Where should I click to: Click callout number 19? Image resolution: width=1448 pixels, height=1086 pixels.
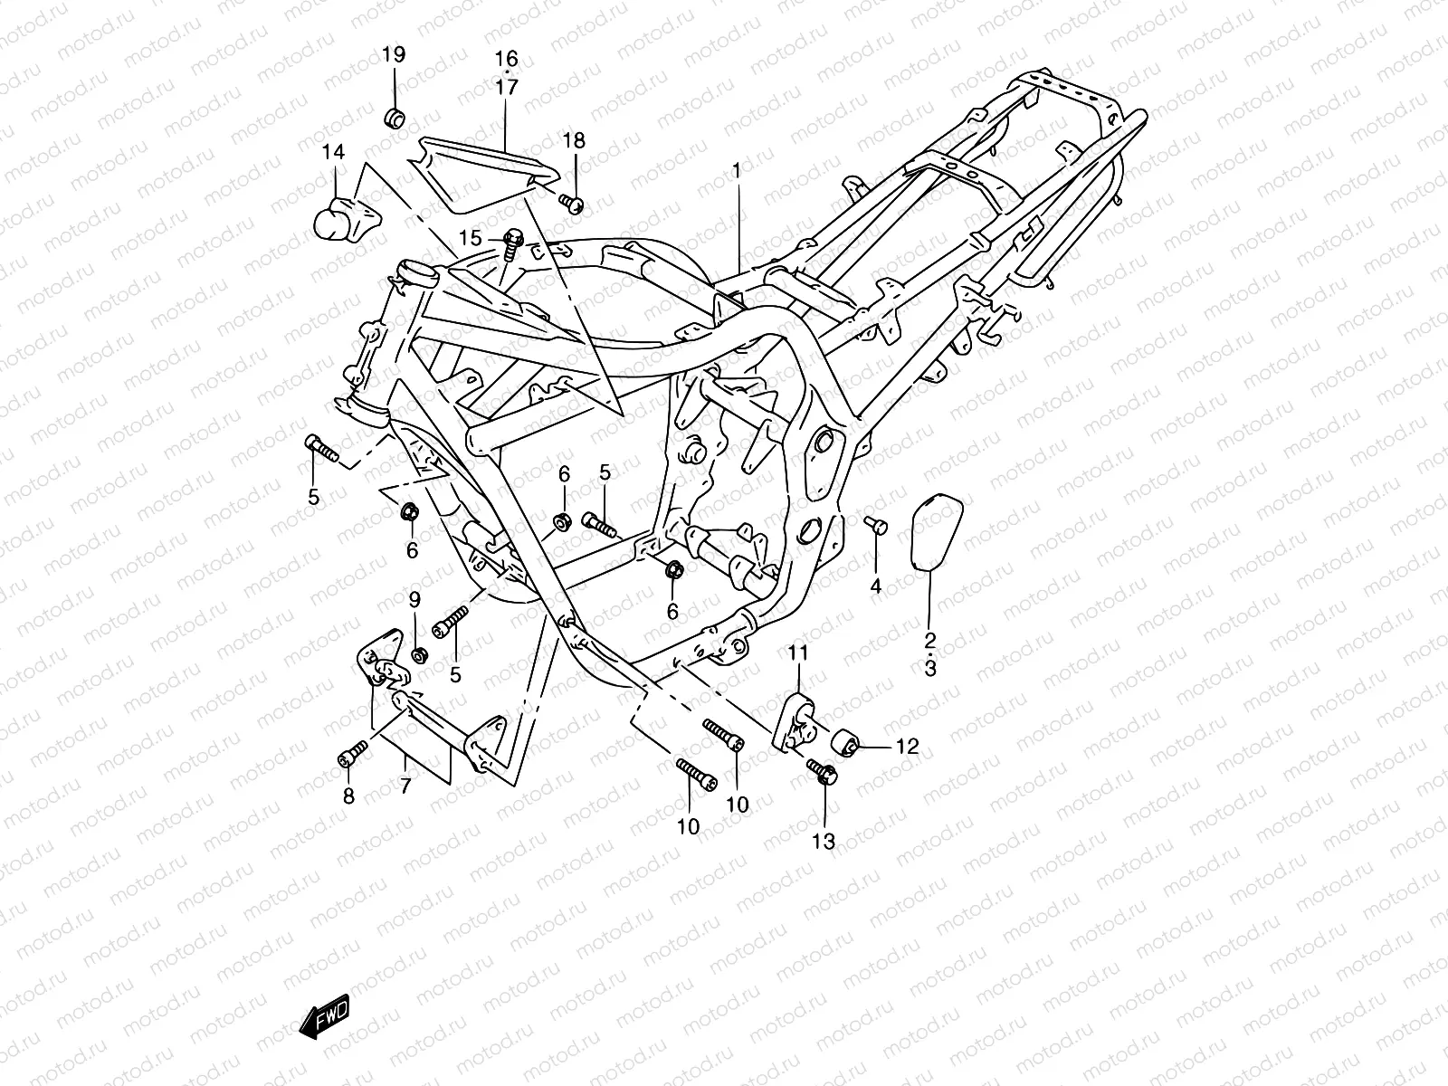click(x=394, y=54)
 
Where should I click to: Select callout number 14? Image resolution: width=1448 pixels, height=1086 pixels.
click(x=334, y=152)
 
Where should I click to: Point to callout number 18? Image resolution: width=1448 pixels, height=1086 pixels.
click(x=574, y=140)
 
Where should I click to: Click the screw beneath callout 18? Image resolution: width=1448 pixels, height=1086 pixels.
click(x=571, y=202)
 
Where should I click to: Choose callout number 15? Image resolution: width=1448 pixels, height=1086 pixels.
click(x=471, y=237)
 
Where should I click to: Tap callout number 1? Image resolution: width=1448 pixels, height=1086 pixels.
click(x=737, y=171)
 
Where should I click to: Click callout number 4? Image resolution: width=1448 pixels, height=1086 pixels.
click(x=875, y=586)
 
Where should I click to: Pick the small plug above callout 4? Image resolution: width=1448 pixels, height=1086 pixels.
click(x=876, y=525)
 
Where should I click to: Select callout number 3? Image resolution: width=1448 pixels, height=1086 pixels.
click(x=930, y=669)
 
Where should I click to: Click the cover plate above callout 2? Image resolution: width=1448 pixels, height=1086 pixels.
click(x=937, y=531)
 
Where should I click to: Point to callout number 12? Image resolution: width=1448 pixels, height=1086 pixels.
click(x=907, y=747)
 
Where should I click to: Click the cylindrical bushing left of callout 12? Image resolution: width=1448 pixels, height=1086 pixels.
click(x=843, y=742)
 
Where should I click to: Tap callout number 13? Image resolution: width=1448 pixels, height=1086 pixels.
click(x=824, y=842)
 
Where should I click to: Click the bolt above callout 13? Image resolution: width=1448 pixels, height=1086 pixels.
click(x=823, y=771)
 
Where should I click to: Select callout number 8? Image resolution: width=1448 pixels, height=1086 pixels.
click(x=348, y=796)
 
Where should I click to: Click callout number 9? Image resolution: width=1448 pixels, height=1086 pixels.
click(x=414, y=600)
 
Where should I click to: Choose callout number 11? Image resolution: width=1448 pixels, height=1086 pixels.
click(x=798, y=653)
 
